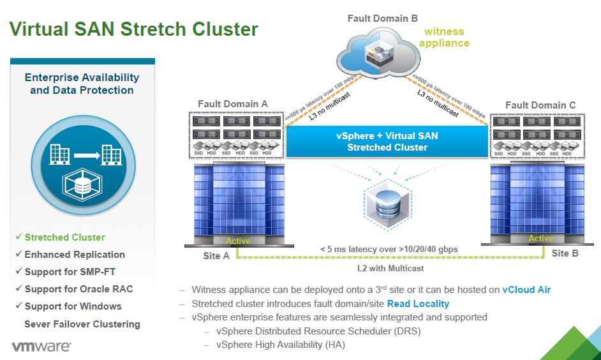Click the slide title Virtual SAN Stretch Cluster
[135, 29]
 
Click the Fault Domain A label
[232, 104]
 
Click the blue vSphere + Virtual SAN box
[387, 141]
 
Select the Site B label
[564, 253]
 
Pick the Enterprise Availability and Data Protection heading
[82, 84]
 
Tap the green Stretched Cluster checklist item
[64, 237]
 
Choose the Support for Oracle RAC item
[78, 289]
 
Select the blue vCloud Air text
[526, 289]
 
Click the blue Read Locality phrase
[418, 303]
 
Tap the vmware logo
[41, 347]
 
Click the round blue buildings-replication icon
[82, 169]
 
